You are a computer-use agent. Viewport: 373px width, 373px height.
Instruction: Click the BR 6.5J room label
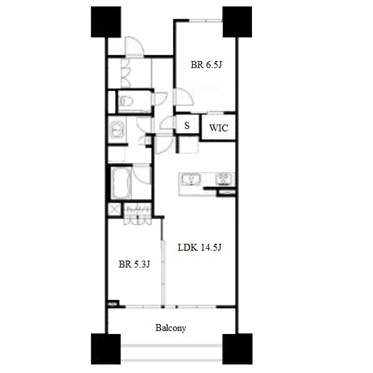tap(206, 65)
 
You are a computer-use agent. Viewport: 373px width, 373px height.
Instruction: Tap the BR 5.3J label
tap(134, 264)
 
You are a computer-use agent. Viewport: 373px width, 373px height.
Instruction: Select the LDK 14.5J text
tap(200, 248)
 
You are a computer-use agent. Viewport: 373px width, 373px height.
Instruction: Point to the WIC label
tap(219, 128)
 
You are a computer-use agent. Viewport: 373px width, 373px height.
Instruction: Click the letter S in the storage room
tap(187, 126)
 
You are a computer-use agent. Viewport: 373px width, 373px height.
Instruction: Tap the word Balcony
tap(170, 328)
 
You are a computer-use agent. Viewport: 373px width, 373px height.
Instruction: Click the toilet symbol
tap(126, 102)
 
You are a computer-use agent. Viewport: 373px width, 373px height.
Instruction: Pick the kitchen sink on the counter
tap(191, 179)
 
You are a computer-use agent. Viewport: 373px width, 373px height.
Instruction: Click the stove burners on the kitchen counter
tap(224, 179)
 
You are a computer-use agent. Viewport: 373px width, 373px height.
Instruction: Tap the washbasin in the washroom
tap(117, 130)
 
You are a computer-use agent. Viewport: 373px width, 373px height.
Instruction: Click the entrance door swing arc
tap(134, 46)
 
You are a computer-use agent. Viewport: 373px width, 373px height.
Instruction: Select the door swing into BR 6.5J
tap(184, 96)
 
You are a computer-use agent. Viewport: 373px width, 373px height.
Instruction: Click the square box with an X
tap(114, 209)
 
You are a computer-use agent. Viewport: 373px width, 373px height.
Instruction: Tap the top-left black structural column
tap(106, 22)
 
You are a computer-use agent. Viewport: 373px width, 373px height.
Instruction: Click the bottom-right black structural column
tap(237, 349)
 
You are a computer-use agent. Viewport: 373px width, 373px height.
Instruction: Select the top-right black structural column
tap(237, 22)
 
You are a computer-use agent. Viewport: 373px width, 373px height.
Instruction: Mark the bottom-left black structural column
tap(106, 349)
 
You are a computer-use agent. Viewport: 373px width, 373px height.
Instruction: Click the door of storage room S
tap(168, 122)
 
